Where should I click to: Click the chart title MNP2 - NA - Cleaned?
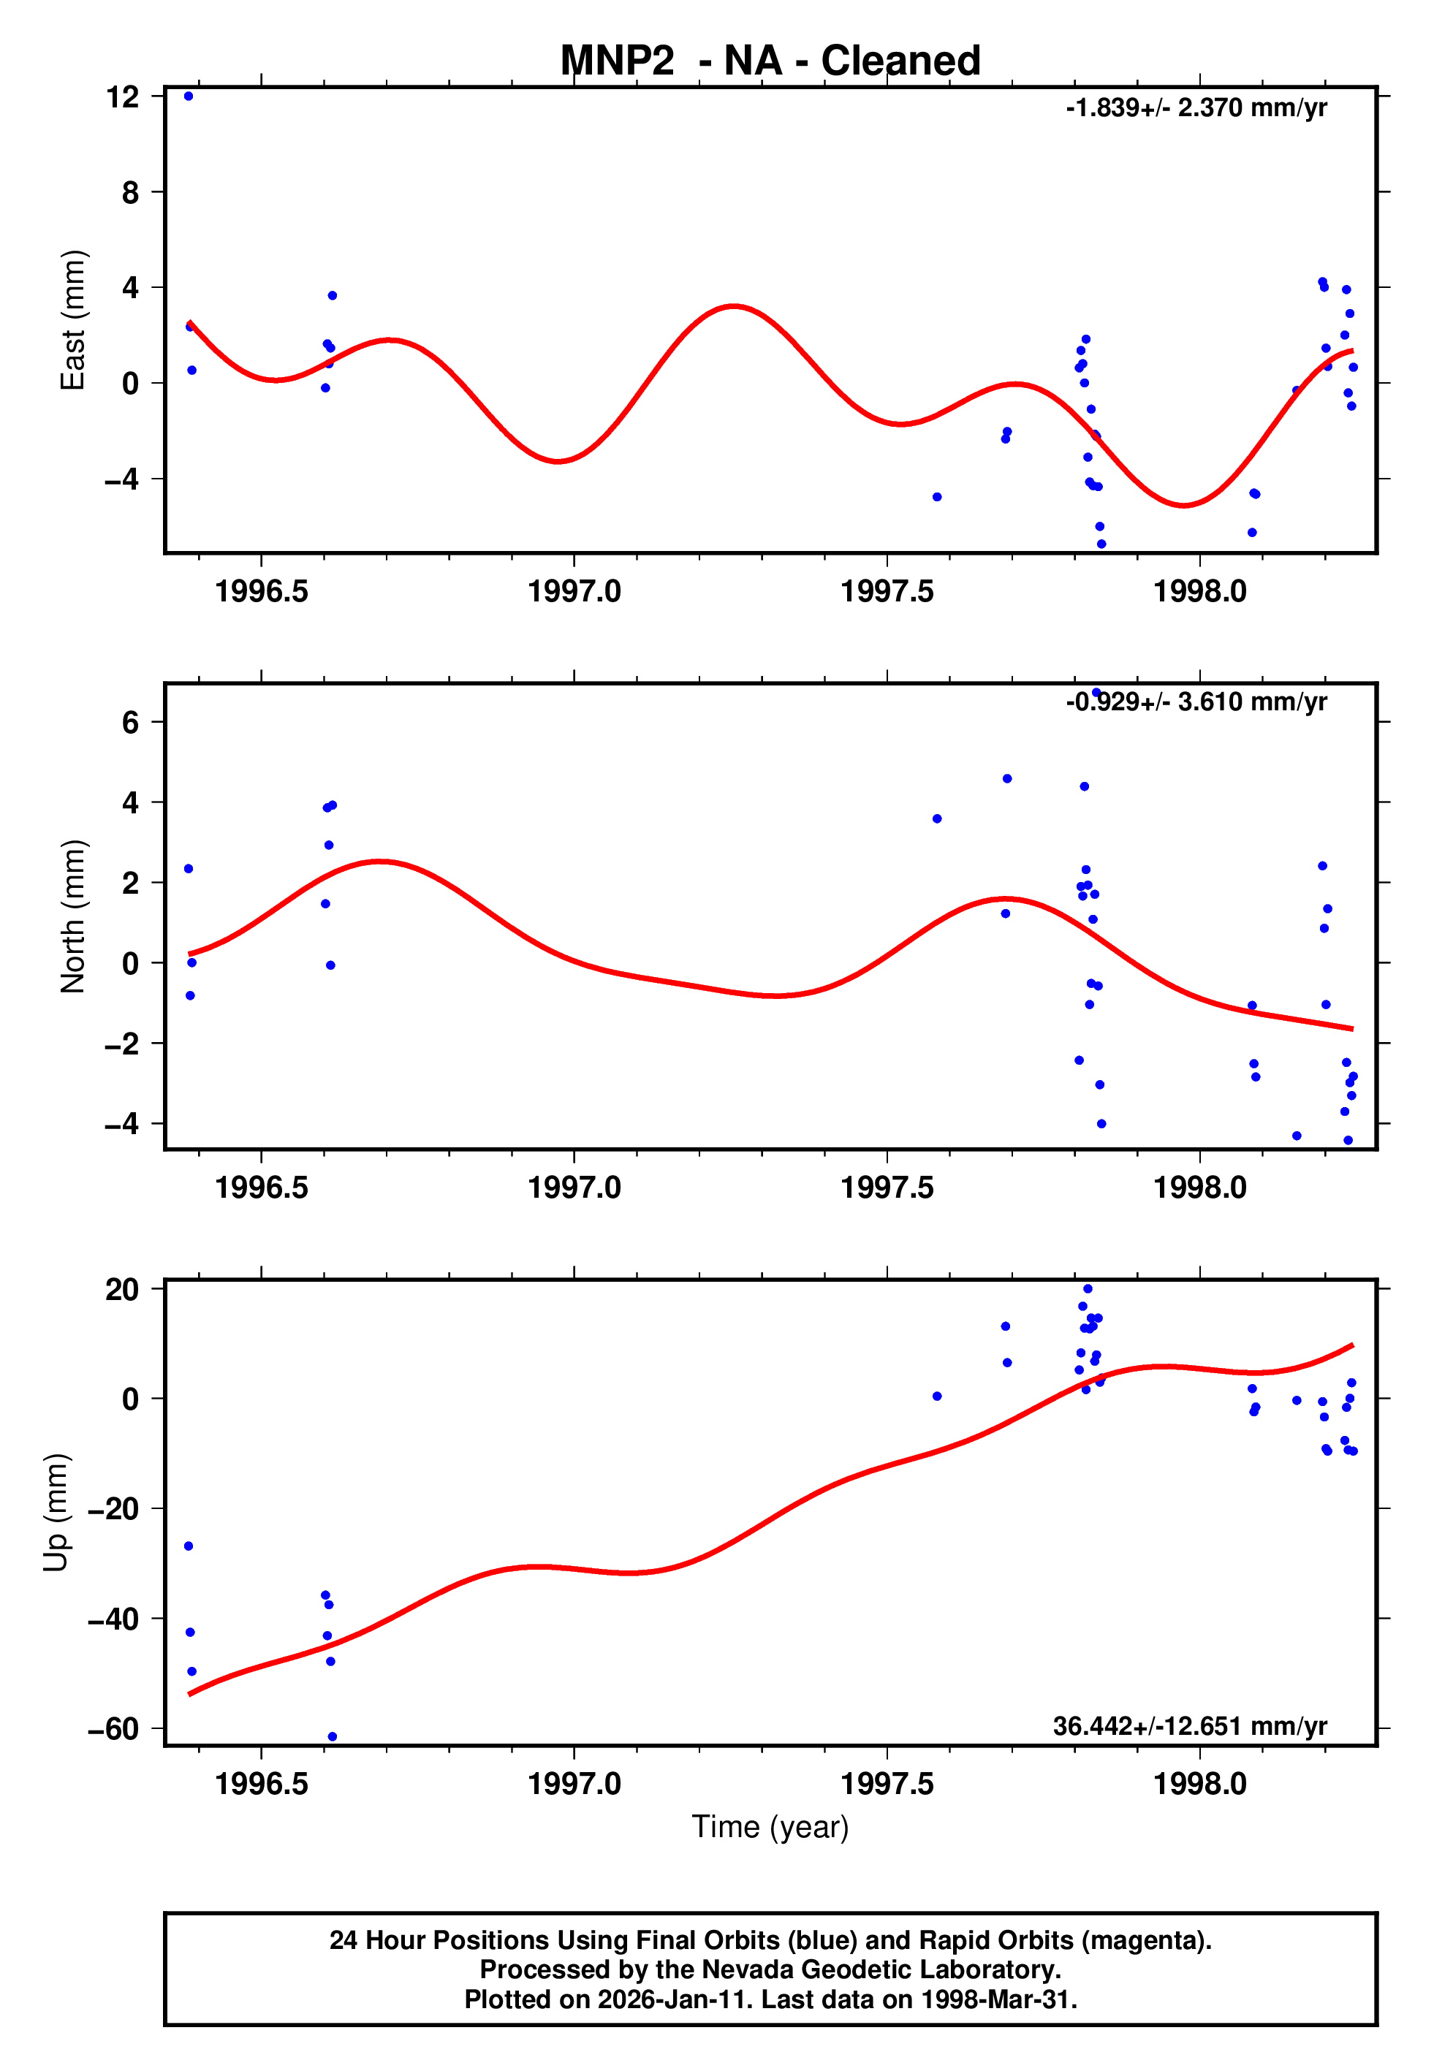point(770,61)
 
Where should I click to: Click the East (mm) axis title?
point(73,321)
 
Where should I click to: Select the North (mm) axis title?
point(73,916)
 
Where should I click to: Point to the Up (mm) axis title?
point(56,1513)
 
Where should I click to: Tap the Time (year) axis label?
point(770,1827)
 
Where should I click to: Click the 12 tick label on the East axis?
point(123,96)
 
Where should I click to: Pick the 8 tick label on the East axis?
point(131,192)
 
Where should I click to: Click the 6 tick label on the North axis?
point(131,722)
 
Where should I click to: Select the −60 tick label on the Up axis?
point(114,1729)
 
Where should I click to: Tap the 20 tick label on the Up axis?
point(123,1290)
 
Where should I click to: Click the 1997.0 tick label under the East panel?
point(574,592)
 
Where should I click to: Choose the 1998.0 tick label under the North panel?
point(1200,1187)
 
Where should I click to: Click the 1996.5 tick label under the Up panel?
point(262,1784)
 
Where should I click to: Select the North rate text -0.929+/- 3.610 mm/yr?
point(1196,702)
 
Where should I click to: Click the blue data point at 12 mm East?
point(189,96)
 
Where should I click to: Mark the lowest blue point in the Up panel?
point(333,1737)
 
